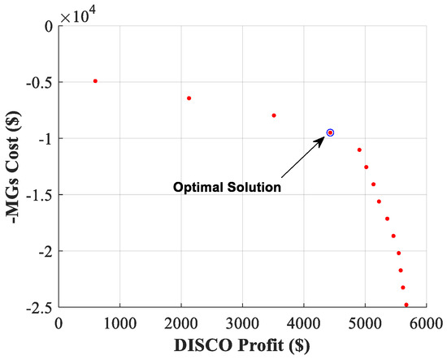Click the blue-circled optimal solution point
[330, 132]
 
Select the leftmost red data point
[95, 81]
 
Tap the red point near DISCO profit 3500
[274, 115]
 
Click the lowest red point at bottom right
[406, 305]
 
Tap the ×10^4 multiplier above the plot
[78, 14]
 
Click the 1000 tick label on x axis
[119, 323]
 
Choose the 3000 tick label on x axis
[242, 323]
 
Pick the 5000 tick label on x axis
[365, 323]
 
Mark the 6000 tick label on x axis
[426, 323]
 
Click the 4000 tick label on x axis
[303, 323]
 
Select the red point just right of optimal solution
[359, 150]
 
